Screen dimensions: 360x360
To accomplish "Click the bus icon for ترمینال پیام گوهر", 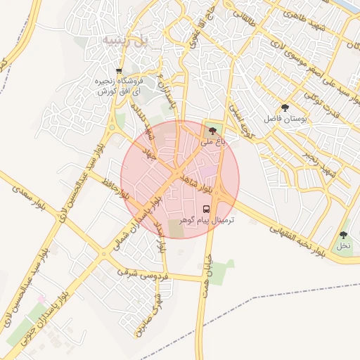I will click(x=207, y=209).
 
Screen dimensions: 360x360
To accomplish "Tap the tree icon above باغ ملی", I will click(x=213, y=131).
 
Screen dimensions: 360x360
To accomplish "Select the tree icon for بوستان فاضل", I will click(x=284, y=108).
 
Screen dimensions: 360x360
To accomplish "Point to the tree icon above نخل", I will click(x=343, y=235).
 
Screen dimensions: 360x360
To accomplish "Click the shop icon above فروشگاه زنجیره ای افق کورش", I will click(x=119, y=71).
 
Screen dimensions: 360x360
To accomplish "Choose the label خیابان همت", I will click(x=207, y=280).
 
